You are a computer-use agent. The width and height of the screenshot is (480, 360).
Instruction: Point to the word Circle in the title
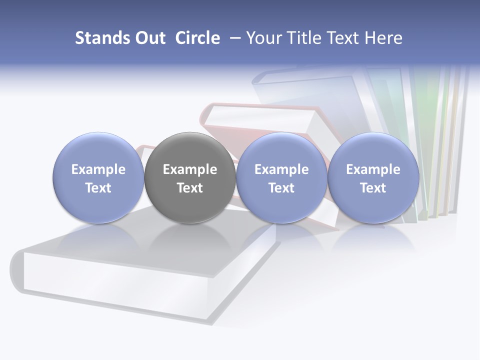pyautogui.click(x=197, y=38)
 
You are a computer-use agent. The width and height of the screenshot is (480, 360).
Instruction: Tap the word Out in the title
pyautogui.click(x=148, y=38)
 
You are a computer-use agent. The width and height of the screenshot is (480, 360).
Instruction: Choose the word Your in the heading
pyautogui.click(x=264, y=38)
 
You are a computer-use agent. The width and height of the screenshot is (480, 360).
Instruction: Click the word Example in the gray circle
pyautogui.click(x=190, y=169)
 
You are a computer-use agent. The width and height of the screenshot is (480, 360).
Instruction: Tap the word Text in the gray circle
pyautogui.click(x=190, y=188)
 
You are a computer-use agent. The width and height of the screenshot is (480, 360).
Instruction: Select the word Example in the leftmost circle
pyautogui.click(x=98, y=169)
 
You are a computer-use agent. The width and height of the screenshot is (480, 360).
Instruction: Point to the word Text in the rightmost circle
pyautogui.click(x=373, y=188)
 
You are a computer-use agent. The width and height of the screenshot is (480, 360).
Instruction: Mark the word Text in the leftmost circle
pyautogui.click(x=98, y=188)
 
